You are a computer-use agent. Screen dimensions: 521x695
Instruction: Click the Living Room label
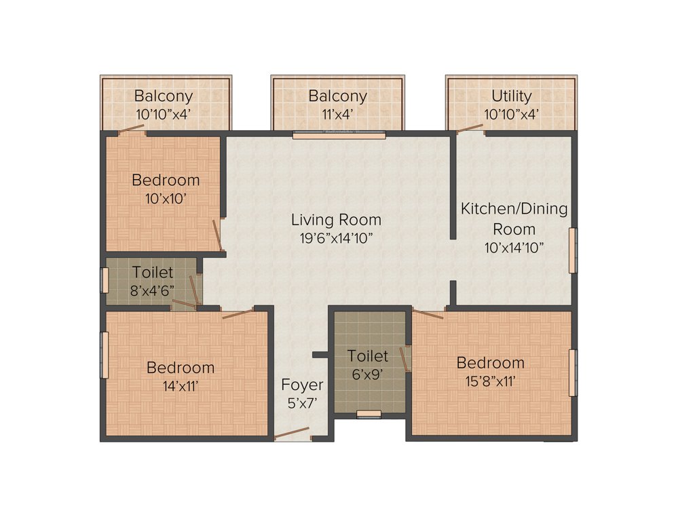click(x=336, y=220)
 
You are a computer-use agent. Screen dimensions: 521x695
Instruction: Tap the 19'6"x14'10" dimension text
click(x=336, y=237)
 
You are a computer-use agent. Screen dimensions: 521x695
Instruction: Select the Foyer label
click(x=302, y=385)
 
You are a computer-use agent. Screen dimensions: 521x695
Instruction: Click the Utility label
click(x=512, y=96)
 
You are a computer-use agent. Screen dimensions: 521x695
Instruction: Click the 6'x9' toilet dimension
click(x=368, y=372)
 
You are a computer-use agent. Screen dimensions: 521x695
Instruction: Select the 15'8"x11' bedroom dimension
click(x=490, y=381)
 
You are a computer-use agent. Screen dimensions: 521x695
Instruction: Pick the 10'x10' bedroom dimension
click(x=166, y=198)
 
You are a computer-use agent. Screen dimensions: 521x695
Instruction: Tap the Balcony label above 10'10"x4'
click(x=163, y=96)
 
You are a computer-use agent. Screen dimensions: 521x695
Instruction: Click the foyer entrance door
click(x=292, y=433)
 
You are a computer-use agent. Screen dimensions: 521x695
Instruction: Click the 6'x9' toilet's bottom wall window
click(x=369, y=414)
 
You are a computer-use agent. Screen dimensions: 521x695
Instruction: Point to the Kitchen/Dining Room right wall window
click(x=572, y=250)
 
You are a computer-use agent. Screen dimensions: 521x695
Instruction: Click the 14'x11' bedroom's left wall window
click(x=105, y=355)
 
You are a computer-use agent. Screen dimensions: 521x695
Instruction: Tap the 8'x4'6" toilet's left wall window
click(x=105, y=279)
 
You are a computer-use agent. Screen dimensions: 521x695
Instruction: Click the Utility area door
click(x=470, y=128)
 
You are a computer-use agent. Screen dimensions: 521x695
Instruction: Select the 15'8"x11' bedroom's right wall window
click(x=572, y=372)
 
